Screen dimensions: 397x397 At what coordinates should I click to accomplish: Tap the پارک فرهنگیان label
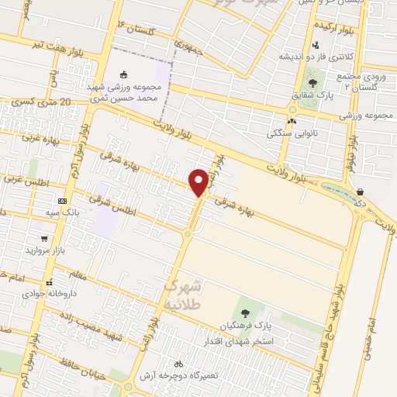245,326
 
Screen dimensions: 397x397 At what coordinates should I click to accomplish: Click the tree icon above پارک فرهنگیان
246,313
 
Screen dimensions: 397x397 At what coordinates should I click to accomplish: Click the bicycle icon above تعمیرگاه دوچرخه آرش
178,364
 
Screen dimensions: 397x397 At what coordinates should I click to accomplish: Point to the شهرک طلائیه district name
183,295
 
